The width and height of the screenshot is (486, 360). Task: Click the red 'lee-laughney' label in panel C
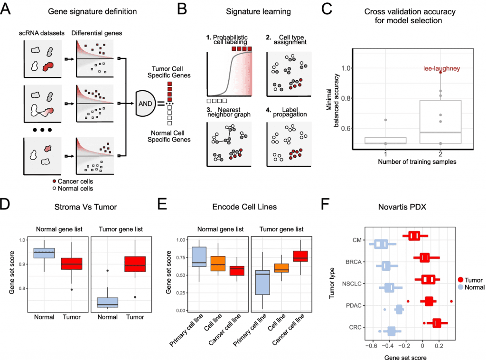(441, 68)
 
